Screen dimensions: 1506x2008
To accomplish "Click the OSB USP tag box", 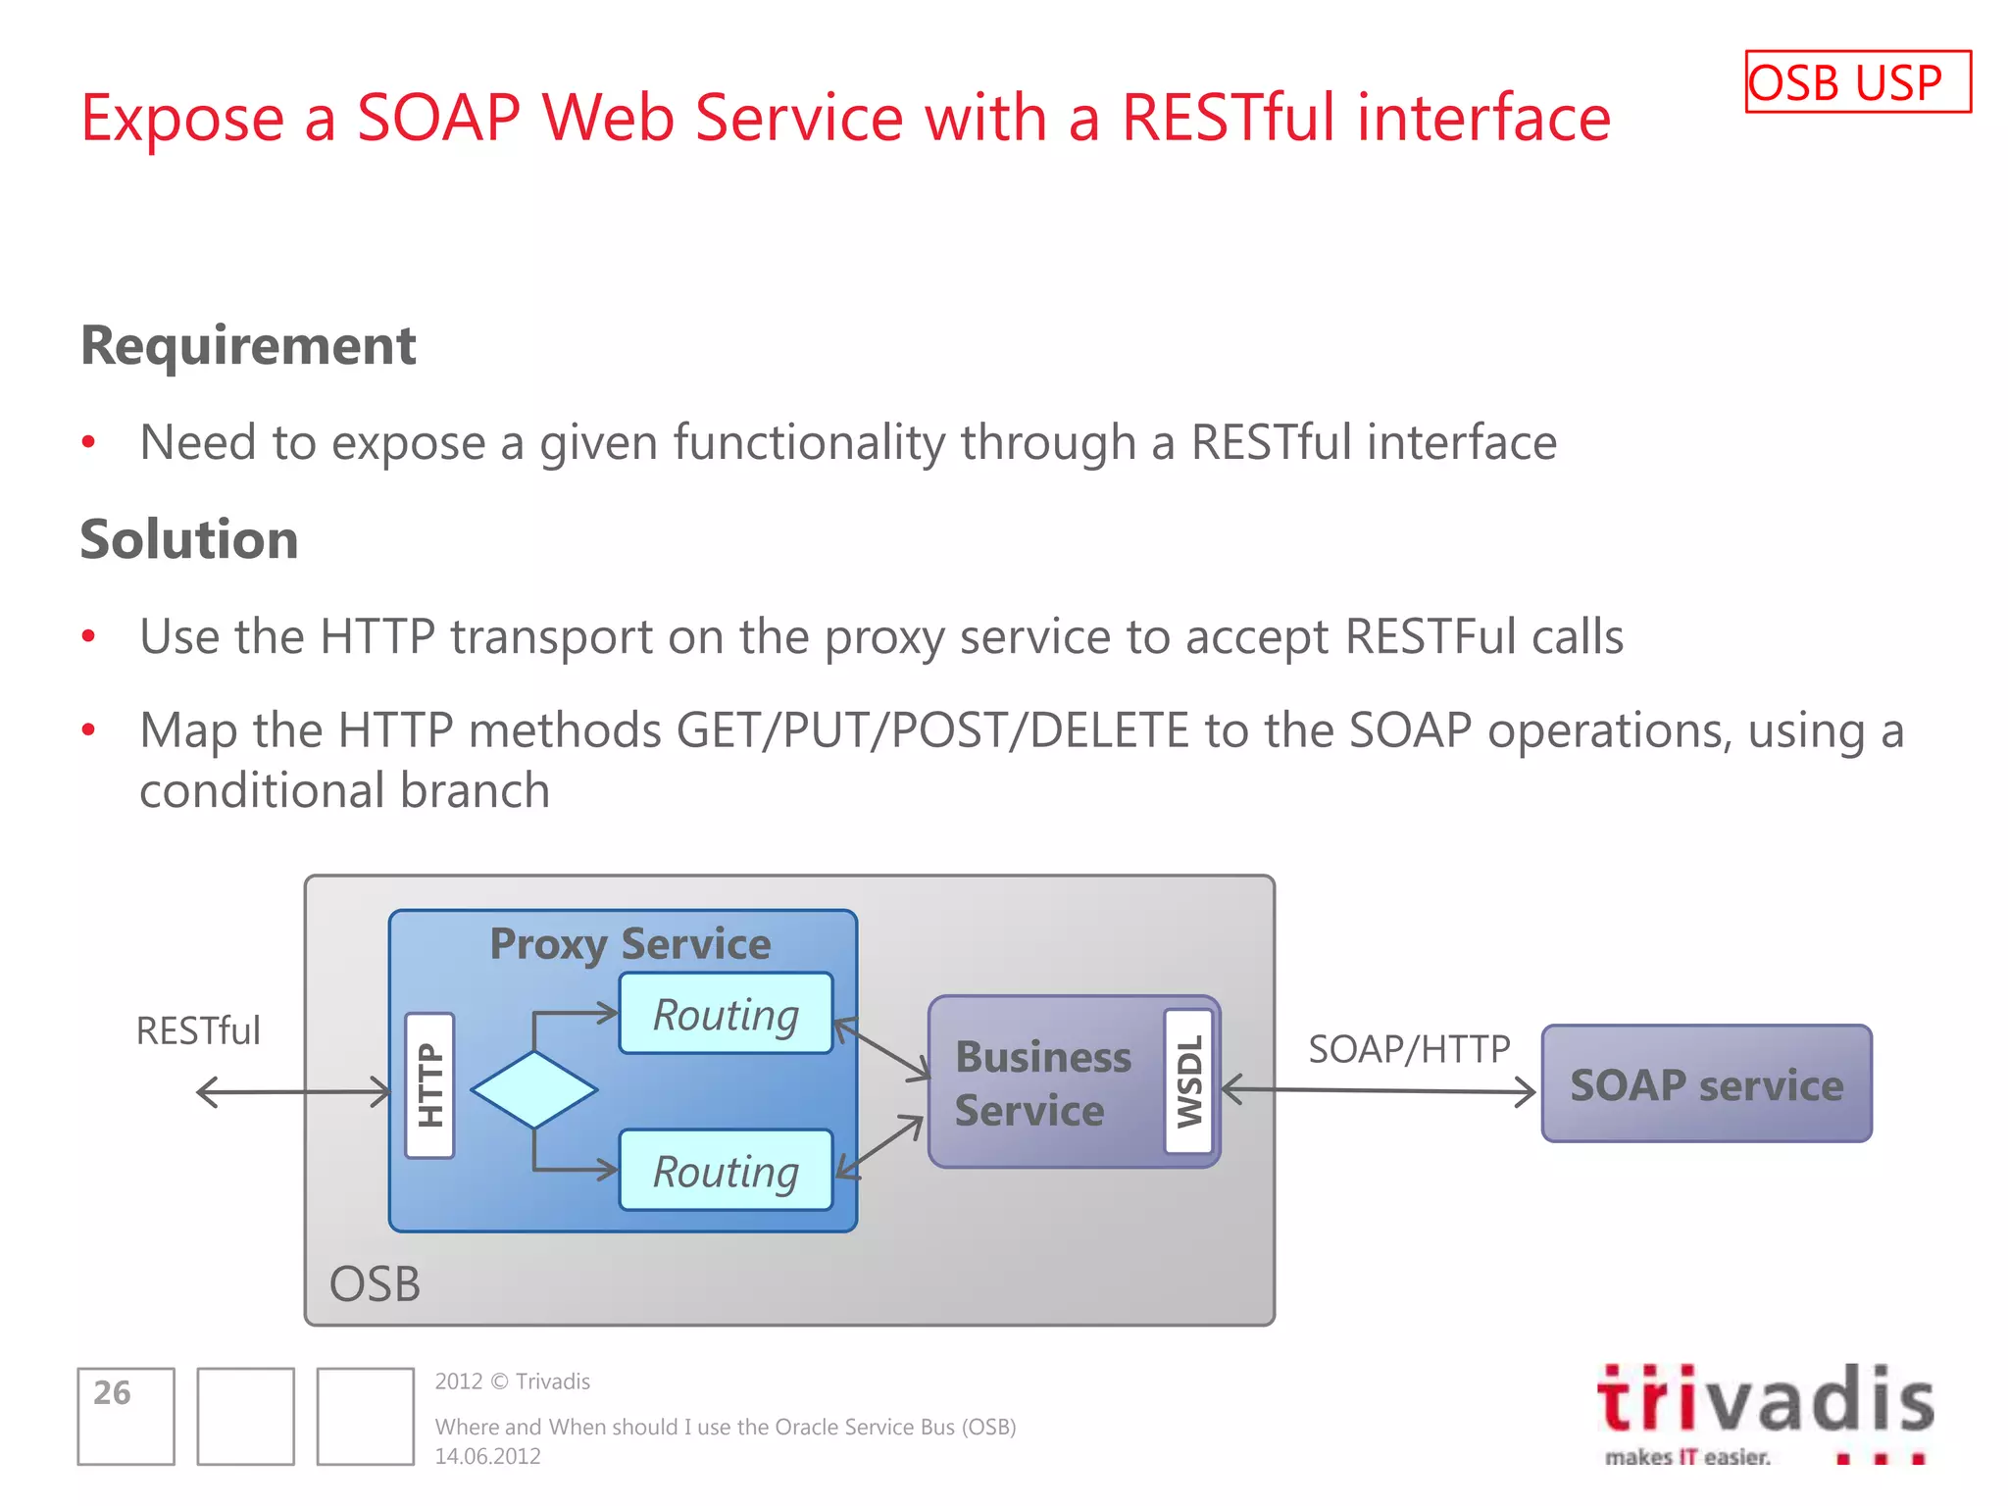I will pos(1857,82).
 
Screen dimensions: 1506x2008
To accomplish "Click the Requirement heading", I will pos(248,345).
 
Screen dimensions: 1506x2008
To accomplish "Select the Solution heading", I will pos(189,539).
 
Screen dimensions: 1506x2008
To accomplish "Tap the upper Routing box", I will pos(726,1014).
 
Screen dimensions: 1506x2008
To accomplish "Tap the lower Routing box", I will pos(726,1171).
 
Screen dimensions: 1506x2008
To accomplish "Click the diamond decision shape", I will pos(533,1089).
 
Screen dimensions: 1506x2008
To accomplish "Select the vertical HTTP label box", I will pos(429,1085).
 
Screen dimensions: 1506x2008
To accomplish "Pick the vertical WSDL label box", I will pos(1188,1080).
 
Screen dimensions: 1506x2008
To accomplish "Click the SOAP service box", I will pos(1706,1084).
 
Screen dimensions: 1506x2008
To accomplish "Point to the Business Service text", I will pos(1042,1083).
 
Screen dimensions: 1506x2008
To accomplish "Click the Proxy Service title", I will pos(629,943).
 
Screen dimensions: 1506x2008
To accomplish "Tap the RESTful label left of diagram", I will pos(198,1030).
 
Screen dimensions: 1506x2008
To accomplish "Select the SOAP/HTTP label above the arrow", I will pos(1409,1049).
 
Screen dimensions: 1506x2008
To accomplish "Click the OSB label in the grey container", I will pos(375,1283).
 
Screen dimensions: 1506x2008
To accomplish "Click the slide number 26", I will pos(113,1392).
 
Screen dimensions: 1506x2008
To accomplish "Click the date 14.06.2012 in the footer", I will pos(487,1456).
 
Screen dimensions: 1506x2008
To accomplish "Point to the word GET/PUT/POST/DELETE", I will pos(932,730).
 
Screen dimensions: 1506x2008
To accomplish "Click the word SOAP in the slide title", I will pos(437,118).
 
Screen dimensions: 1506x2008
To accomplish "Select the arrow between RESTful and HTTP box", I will pos(293,1091).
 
